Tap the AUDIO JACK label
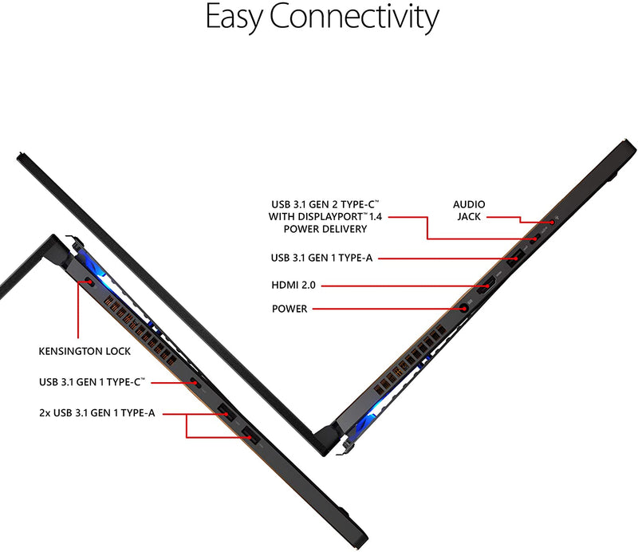point(469,210)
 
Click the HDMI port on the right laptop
point(483,285)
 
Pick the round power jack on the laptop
point(463,308)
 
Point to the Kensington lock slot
point(87,282)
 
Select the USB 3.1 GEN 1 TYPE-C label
point(92,382)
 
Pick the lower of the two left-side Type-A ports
point(248,436)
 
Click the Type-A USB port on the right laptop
point(516,257)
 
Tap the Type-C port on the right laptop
point(536,238)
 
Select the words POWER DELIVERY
point(325,229)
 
